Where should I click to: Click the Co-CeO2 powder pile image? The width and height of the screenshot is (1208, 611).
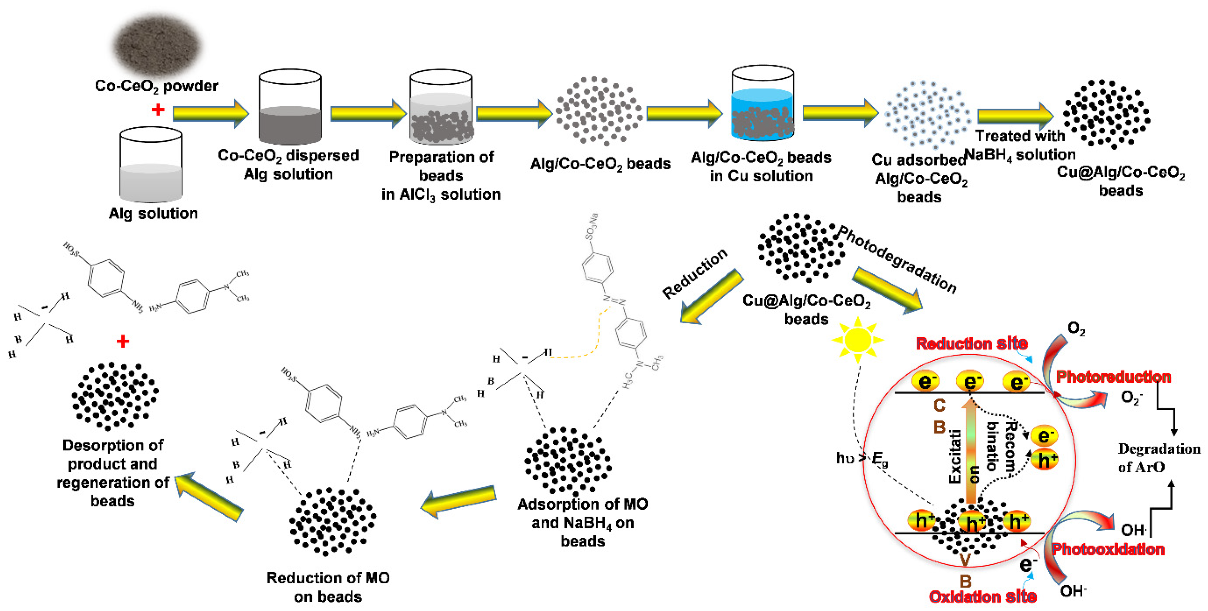click(x=158, y=45)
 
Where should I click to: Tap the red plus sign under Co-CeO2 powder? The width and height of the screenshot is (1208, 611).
click(x=158, y=110)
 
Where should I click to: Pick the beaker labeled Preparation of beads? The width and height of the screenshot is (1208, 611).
click(x=441, y=108)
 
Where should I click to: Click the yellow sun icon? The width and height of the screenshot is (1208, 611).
click(x=857, y=340)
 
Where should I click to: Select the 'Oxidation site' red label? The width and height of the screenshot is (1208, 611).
click(x=982, y=597)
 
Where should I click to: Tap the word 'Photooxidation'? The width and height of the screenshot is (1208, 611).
click(x=1108, y=549)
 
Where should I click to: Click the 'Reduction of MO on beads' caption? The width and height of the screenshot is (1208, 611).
click(x=328, y=587)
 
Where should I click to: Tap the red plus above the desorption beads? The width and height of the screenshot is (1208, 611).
click(x=123, y=341)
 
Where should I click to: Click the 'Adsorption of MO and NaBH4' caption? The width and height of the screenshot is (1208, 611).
click(x=582, y=522)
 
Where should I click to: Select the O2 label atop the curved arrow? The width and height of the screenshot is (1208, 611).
click(x=1076, y=329)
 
